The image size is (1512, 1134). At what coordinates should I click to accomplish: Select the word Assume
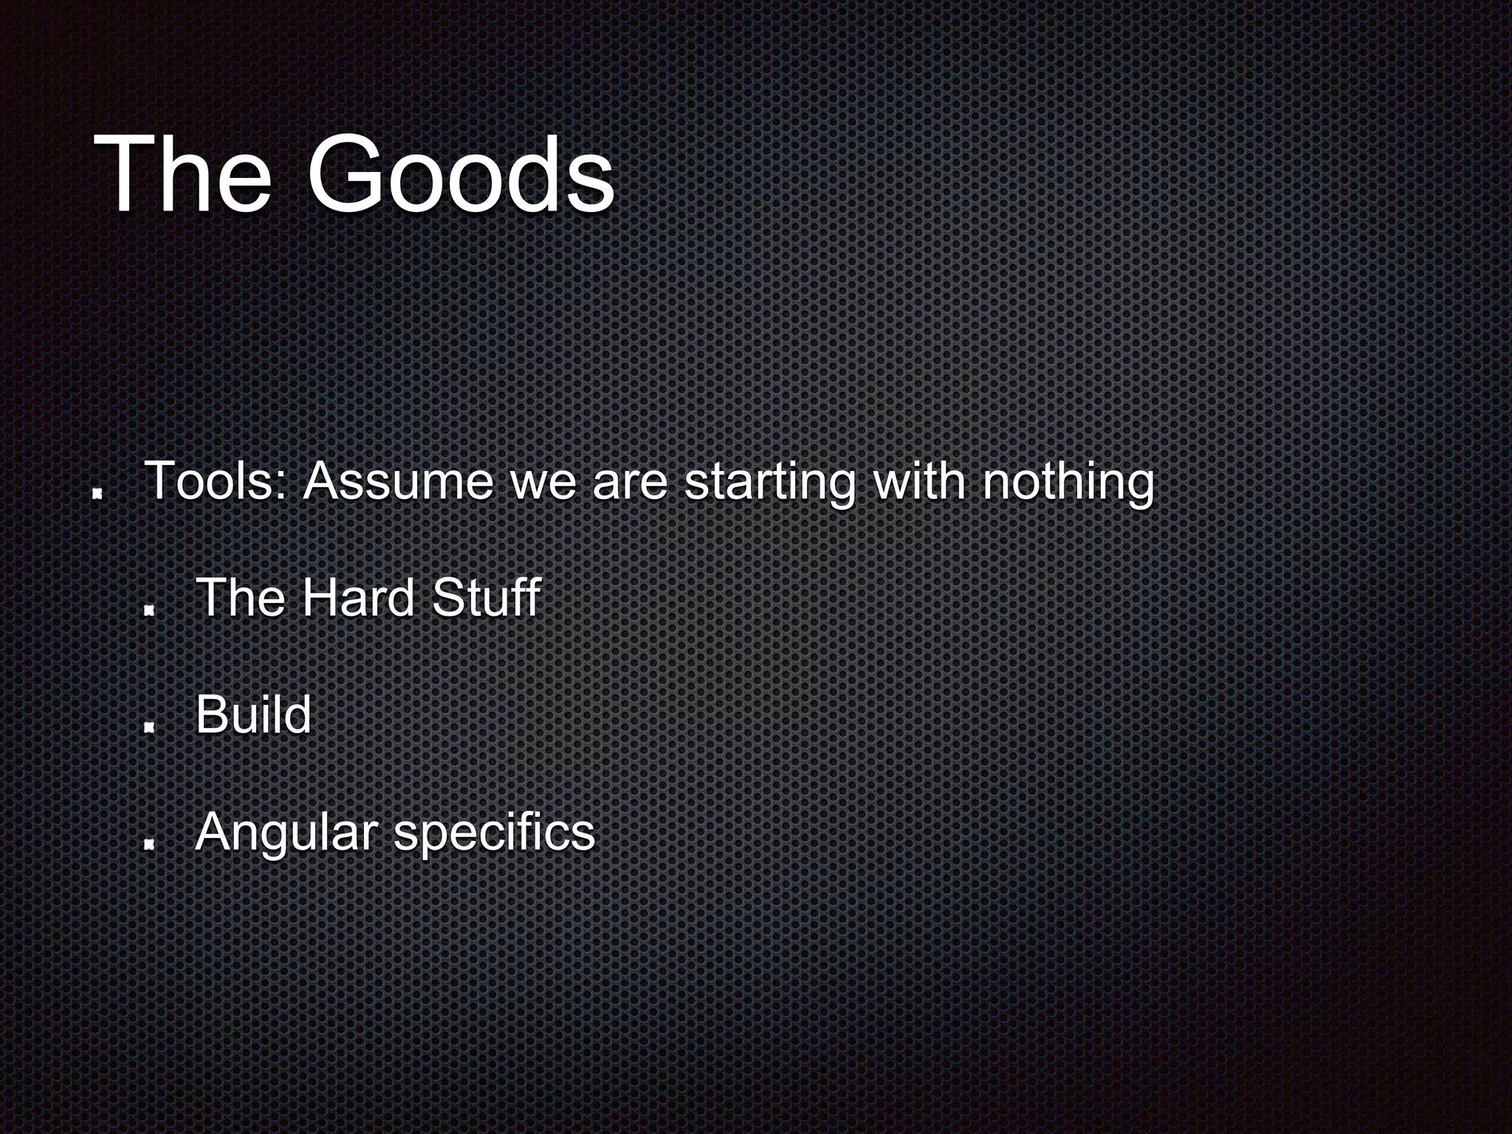[397, 481]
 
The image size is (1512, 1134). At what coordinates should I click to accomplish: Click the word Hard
[358, 597]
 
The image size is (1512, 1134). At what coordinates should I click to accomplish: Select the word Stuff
[486, 597]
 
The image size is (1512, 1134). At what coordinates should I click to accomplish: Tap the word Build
[253, 715]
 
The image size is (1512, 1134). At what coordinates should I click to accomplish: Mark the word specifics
[494, 833]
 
